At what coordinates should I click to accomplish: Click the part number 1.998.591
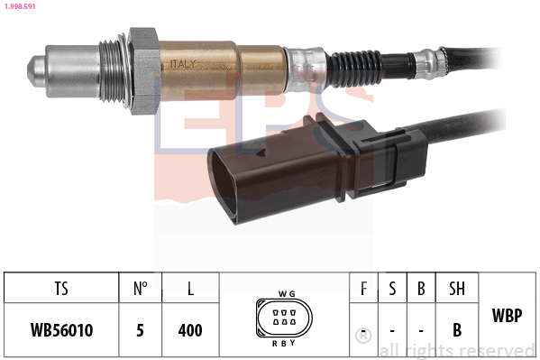click(x=21, y=8)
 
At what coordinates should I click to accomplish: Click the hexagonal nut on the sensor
click(x=144, y=69)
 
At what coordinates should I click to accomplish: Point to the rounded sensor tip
click(x=34, y=68)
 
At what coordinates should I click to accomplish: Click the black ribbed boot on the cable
click(x=361, y=64)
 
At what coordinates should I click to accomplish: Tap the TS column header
click(x=61, y=290)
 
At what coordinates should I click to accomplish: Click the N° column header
click(x=140, y=290)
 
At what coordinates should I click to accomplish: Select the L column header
click(x=189, y=290)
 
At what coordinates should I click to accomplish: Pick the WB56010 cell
click(x=61, y=330)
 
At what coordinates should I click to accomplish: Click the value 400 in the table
click(x=189, y=330)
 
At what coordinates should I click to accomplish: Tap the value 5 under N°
click(x=140, y=330)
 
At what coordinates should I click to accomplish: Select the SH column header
click(x=457, y=290)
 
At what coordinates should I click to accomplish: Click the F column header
click(x=363, y=290)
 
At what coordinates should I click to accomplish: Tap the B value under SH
click(x=457, y=330)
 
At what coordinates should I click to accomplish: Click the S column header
click(x=392, y=290)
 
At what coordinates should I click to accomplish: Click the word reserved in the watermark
click(x=496, y=350)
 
